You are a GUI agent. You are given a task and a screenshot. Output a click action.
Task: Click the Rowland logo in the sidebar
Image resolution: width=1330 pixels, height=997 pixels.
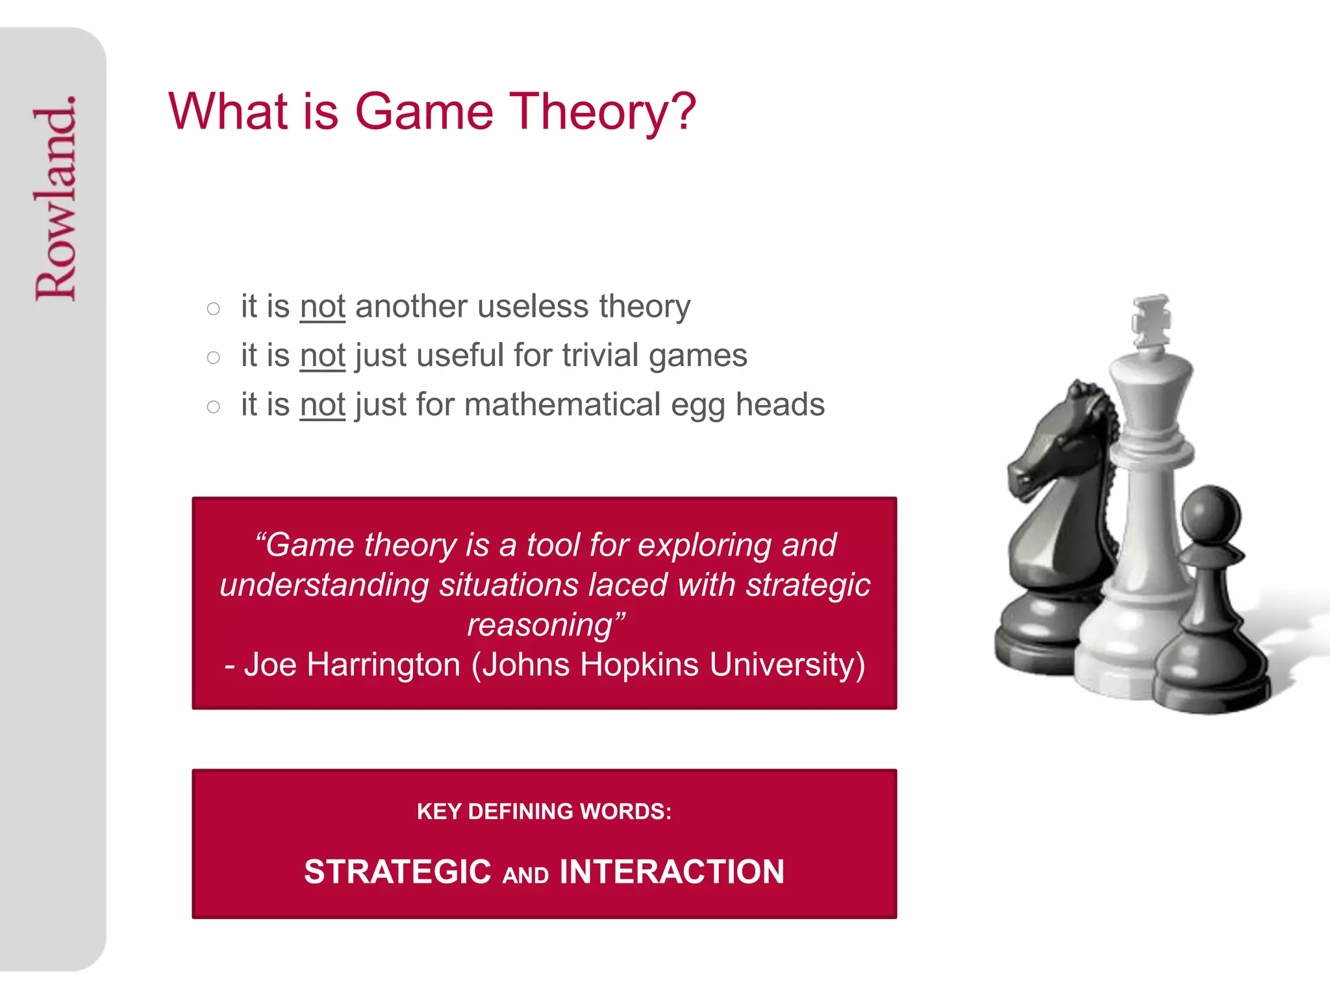pos(56,198)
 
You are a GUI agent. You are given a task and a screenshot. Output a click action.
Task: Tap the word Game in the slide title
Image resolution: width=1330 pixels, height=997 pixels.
pos(424,112)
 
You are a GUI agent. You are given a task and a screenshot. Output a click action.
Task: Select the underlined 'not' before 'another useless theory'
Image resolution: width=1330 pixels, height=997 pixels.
pos(322,306)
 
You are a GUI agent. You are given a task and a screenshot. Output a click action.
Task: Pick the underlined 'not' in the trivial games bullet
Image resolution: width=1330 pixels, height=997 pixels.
pos(322,356)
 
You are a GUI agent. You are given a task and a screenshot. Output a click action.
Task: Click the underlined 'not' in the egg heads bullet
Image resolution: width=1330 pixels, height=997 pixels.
pos(322,405)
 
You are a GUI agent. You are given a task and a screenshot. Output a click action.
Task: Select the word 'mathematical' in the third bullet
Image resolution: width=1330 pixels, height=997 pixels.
pos(562,405)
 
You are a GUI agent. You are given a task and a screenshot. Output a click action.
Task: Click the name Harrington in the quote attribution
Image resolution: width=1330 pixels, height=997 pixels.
pos(383,665)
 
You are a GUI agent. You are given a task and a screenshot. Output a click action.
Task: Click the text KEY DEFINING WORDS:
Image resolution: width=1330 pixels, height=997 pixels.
pos(544,811)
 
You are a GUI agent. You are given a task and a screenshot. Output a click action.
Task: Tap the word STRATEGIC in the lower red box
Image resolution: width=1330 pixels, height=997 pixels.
pos(397,872)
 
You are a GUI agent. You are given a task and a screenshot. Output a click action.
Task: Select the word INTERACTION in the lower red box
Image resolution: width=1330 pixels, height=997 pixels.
pos(671,872)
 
